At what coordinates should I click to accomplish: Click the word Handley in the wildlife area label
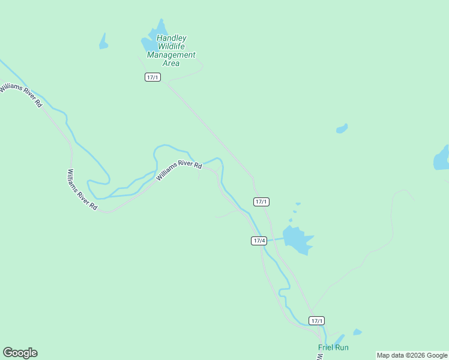coord(171,38)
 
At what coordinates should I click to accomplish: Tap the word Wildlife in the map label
coord(172,46)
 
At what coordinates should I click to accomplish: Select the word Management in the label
coord(171,55)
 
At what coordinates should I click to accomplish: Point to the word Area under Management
coord(171,63)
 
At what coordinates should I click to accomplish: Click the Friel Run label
coord(333,347)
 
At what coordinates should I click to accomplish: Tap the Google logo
coord(20,353)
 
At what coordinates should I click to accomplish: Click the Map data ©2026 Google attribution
coord(412,355)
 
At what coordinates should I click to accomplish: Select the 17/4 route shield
coord(259,241)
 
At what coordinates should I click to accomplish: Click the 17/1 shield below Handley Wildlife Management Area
coord(152,77)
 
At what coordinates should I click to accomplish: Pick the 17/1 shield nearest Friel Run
coord(317,320)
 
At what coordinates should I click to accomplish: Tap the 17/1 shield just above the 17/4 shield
coord(261,202)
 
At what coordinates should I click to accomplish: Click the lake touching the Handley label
coord(151,39)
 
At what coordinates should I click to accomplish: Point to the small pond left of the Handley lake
coord(103,42)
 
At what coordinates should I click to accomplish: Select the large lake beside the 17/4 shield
coord(297,239)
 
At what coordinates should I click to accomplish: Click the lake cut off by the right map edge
coord(442,158)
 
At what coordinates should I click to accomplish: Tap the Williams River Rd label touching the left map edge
coord(21,95)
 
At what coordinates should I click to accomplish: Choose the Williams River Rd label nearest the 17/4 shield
coord(179,170)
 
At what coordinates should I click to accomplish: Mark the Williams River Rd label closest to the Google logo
coord(82,189)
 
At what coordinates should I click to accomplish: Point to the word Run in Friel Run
coord(342,347)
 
